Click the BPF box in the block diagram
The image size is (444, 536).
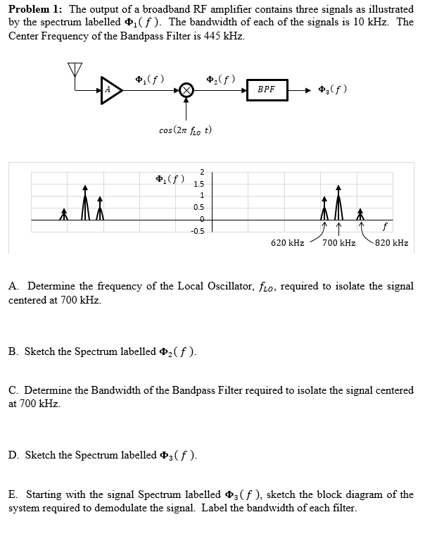pos(267,90)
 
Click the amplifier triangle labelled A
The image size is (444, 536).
pos(110,90)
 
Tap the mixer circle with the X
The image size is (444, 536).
pos(186,90)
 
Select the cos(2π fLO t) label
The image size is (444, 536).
pos(186,130)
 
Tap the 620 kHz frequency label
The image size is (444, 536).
pos(288,243)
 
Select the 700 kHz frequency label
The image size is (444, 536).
pos(338,243)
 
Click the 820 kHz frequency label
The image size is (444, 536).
pos(392,243)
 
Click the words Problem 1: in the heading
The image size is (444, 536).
pos(34,9)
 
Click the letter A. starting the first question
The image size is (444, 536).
pos(14,287)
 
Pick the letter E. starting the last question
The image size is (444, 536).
pos(13,495)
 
